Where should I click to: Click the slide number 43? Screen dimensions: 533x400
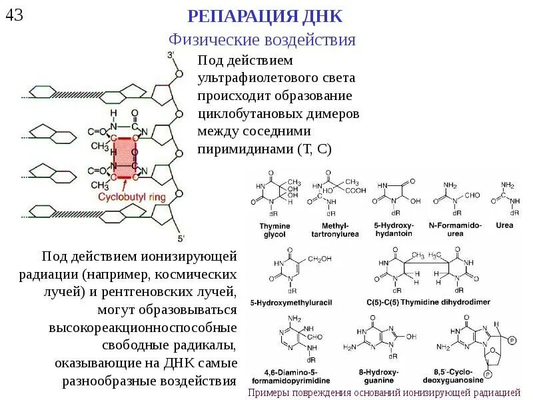[x=14, y=14]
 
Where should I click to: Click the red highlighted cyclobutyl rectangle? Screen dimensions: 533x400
[x=124, y=157]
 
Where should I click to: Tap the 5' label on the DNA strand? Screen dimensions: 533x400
[x=180, y=238]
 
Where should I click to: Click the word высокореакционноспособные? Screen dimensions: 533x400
[x=143, y=329]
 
